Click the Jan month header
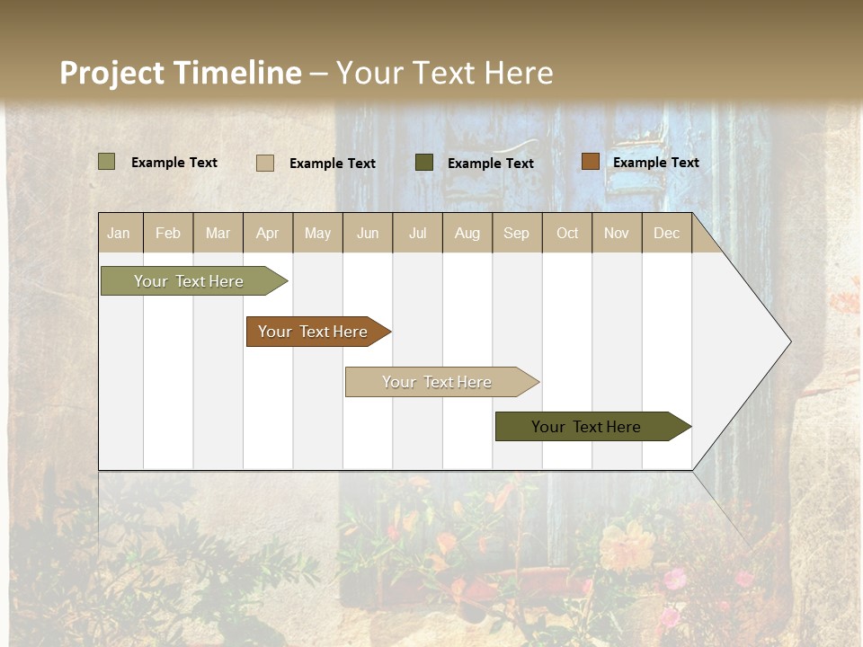[119, 233]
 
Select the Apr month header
[268, 233]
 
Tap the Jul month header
[418, 233]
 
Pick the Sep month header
[516, 233]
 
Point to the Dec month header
[666, 233]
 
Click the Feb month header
[168, 233]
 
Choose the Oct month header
[567, 233]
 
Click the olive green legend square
[107, 162]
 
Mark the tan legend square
[265, 163]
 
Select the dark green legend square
[424, 163]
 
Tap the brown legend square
[590, 162]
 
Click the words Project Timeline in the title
[181, 73]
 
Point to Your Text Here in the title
[445, 73]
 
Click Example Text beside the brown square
[656, 163]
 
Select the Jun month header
[368, 233]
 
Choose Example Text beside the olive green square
[174, 163]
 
